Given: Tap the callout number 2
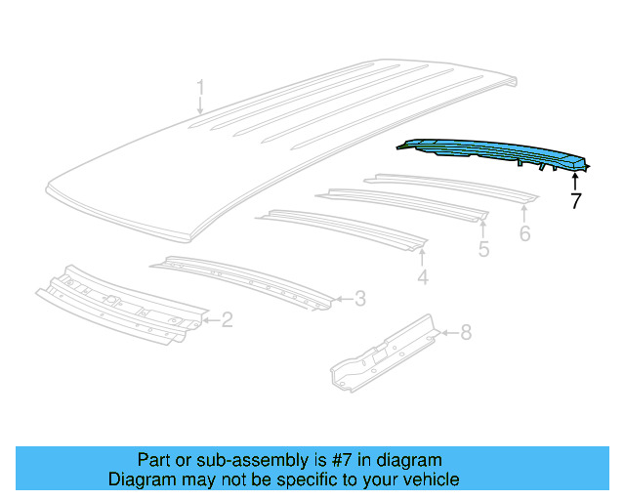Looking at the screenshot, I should coord(227,318).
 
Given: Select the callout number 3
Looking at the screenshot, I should coord(359,298).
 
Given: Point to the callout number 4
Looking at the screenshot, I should coord(422,279).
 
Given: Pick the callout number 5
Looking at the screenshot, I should coord(483,250).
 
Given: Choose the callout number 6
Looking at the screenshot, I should coord(524,233).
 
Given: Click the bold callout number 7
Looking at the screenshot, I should coord(575,201).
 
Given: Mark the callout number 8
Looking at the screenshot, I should coord(466,333).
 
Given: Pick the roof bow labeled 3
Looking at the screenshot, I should coord(244,278).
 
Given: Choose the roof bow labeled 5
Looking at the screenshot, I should coord(400,202).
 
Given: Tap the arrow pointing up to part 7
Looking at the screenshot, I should coord(575,179).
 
